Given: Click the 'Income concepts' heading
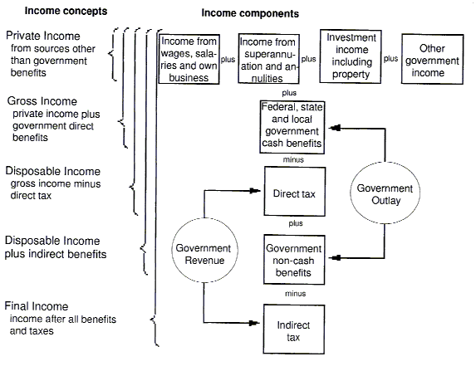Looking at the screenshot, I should [x=56, y=12].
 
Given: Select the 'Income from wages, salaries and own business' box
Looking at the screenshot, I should [x=189, y=58].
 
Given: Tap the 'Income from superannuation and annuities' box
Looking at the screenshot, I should [x=269, y=59].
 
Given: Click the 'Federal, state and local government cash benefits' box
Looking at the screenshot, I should [x=291, y=125].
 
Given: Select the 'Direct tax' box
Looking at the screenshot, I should [x=291, y=193].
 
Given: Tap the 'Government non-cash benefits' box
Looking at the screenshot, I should [x=291, y=260].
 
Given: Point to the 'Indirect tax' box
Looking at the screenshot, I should [x=291, y=324].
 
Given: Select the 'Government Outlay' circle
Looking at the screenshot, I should [x=385, y=193].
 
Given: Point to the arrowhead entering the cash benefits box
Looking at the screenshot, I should [x=328, y=127].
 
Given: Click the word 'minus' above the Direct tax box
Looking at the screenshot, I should [x=292, y=159].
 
